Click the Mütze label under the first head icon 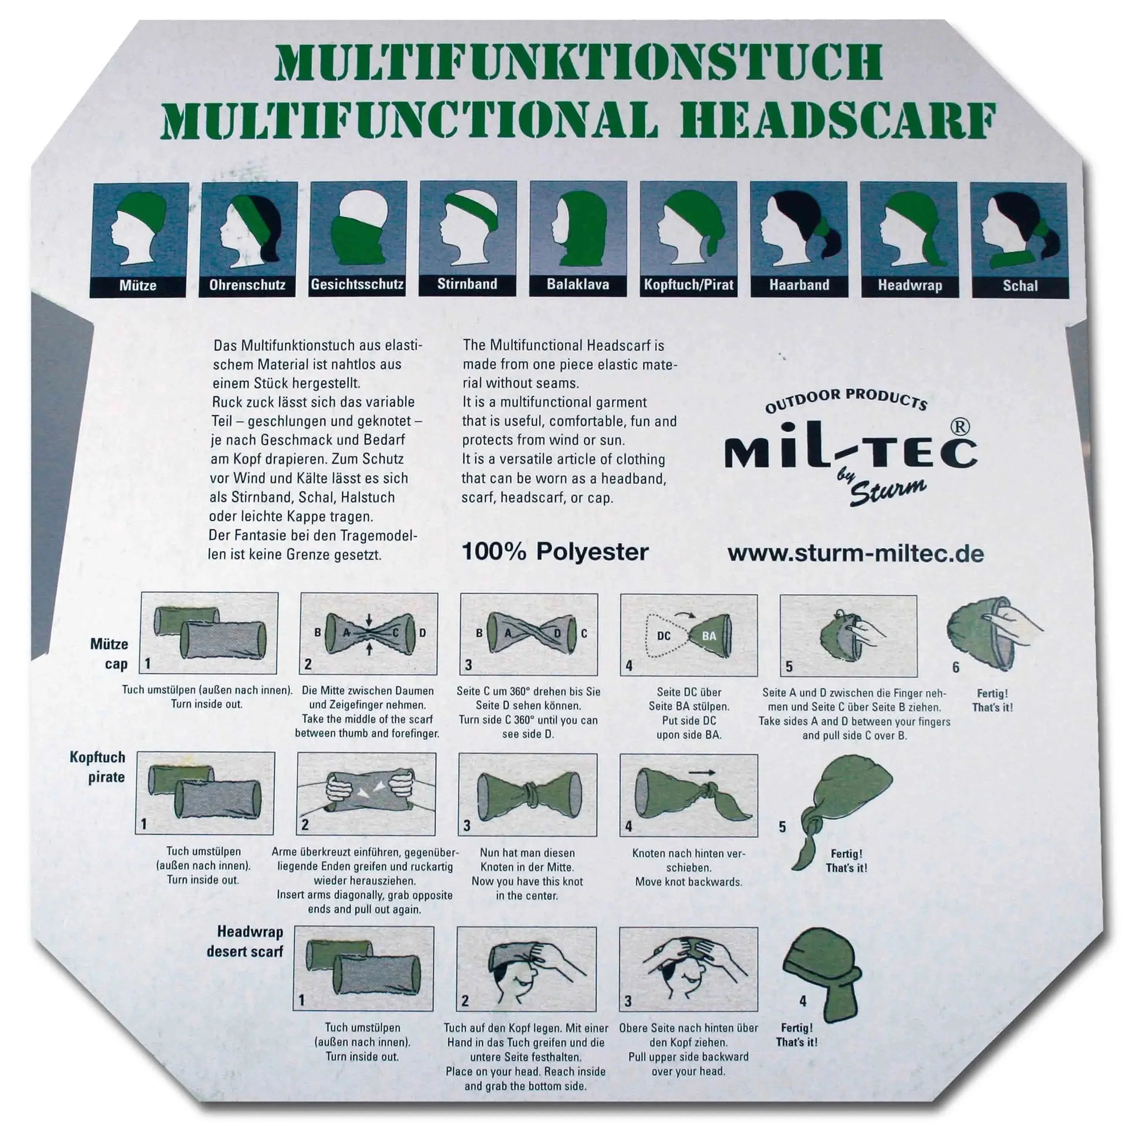138,286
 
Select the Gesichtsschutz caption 357,284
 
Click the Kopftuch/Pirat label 689,285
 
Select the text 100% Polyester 555,552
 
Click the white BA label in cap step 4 709,636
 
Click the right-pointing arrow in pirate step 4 702,772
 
